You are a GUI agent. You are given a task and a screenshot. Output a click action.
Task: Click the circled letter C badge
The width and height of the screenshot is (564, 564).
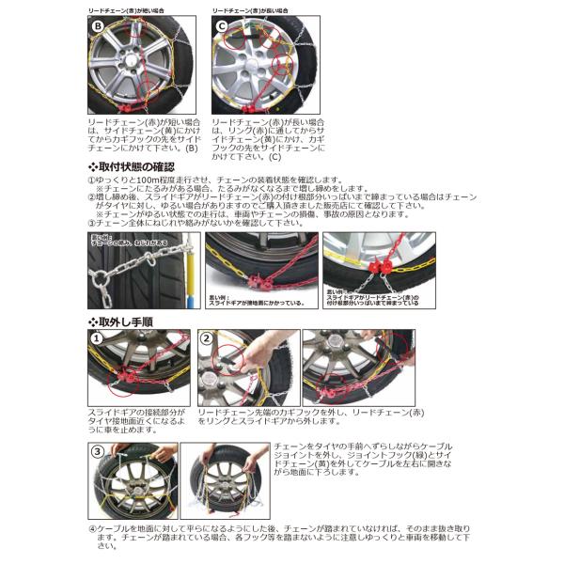coord(224,26)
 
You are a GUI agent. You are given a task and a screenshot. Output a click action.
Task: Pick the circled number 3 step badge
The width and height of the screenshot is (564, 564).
coord(99,451)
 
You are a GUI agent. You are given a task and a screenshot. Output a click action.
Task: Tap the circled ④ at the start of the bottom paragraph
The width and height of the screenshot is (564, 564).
coord(93,529)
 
